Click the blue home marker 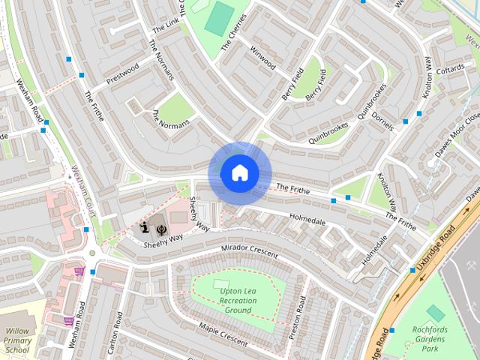(x=239, y=172)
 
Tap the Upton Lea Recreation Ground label (x=237, y=300)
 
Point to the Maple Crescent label (x=223, y=334)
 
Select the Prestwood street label (x=123, y=73)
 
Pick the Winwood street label (x=262, y=58)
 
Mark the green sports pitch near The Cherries (x=220, y=19)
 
